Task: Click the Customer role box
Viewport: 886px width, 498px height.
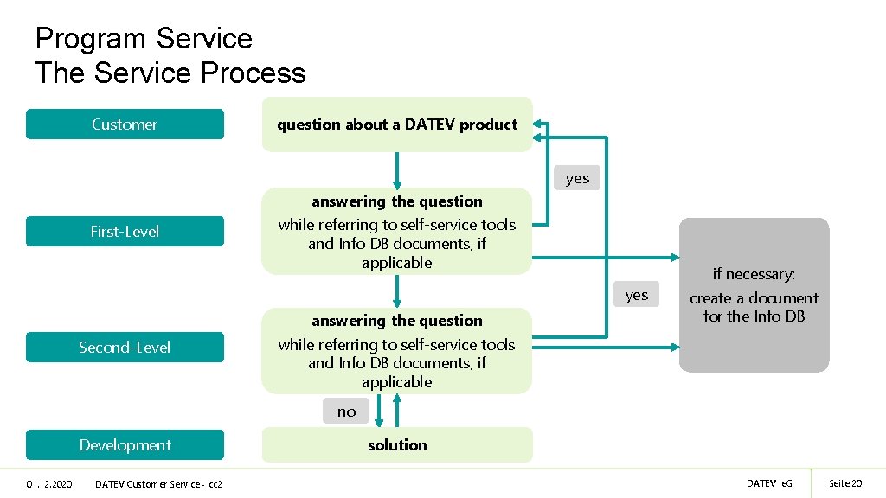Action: tap(125, 124)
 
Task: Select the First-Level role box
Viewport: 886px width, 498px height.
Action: tap(125, 231)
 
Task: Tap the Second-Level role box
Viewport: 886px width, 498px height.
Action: tap(125, 347)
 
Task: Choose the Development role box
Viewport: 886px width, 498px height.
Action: tap(125, 444)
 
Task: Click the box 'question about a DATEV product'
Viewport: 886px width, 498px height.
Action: tap(397, 124)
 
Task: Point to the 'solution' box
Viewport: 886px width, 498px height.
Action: tap(397, 445)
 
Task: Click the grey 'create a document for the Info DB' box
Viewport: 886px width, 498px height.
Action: tap(754, 296)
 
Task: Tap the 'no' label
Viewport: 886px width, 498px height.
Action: tap(346, 412)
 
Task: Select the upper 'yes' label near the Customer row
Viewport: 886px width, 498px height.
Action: tap(577, 178)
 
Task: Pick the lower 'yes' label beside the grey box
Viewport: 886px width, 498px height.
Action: tap(636, 295)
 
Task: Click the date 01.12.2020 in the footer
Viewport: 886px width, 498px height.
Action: tap(49, 483)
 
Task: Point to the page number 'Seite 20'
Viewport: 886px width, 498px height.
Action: tap(845, 483)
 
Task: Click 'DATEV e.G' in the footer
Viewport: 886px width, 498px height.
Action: tap(769, 483)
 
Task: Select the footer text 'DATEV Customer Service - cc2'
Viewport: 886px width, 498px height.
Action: tap(158, 483)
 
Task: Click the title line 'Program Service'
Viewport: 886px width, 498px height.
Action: tap(144, 38)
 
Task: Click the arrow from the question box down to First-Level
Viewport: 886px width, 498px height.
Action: tap(397, 171)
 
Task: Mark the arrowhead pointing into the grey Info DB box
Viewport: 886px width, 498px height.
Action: tap(674, 257)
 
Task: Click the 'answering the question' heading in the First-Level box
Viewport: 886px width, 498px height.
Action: tap(397, 201)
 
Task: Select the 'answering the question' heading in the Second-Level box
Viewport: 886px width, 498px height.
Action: tap(397, 321)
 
